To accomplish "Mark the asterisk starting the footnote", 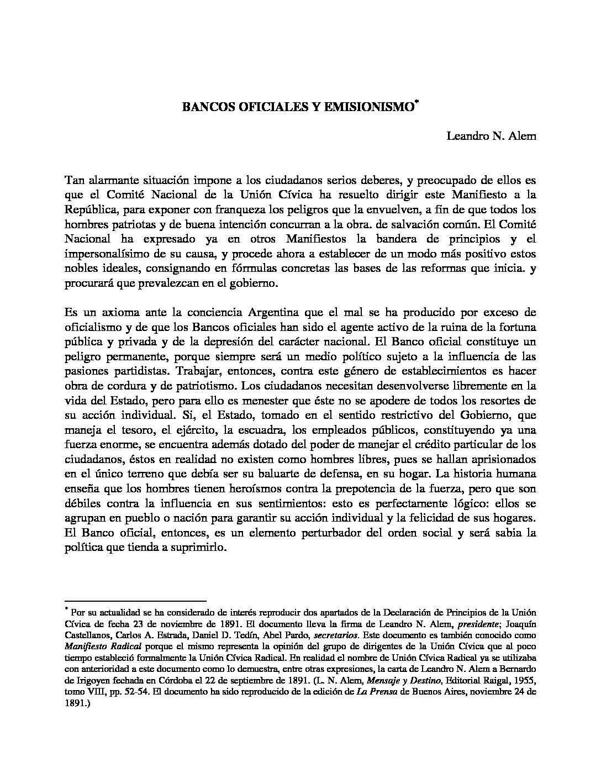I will pos(66,609).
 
